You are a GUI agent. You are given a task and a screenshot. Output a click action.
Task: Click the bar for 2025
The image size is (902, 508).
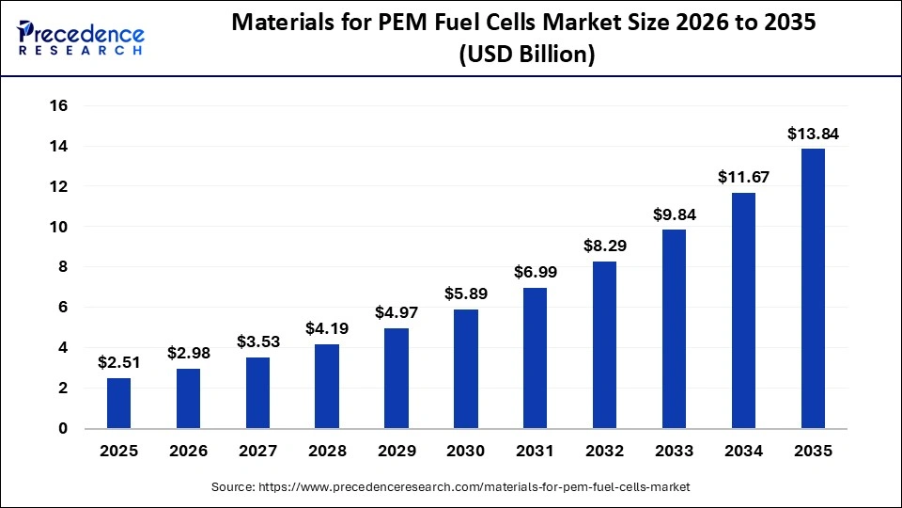[x=119, y=403]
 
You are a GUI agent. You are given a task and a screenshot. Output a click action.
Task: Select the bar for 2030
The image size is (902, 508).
[x=466, y=369]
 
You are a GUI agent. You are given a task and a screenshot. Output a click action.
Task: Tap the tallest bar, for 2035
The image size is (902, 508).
[x=813, y=288]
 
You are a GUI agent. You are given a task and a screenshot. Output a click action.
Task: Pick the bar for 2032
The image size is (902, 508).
[x=604, y=344]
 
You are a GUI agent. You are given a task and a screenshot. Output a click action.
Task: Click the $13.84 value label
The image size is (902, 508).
[x=813, y=135]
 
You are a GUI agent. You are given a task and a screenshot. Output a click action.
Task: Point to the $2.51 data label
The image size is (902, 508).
[x=119, y=363]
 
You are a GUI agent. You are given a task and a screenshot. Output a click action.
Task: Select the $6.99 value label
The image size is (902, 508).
[x=536, y=273]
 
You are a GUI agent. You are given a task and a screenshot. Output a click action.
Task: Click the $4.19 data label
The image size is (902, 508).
[x=327, y=329]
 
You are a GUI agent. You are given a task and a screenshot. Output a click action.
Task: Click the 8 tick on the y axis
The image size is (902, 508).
[x=63, y=267]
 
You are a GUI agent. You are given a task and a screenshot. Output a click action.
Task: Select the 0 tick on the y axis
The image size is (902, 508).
[x=63, y=429]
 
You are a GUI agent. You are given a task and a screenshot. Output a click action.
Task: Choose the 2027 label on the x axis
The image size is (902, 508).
[x=257, y=452]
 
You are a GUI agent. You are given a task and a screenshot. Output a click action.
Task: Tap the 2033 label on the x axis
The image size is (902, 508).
[x=674, y=452]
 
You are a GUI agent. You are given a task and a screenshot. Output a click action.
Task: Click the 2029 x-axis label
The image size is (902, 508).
[x=397, y=452]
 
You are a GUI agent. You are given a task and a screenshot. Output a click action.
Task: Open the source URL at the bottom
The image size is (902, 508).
[x=450, y=487]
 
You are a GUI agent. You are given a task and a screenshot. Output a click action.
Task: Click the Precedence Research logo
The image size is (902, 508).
[x=81, y=39]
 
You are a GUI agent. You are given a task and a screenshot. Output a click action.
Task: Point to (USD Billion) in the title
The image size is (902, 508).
[x=526, y=56]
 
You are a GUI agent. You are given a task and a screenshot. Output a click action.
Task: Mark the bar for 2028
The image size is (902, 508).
[x=327, y=386]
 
